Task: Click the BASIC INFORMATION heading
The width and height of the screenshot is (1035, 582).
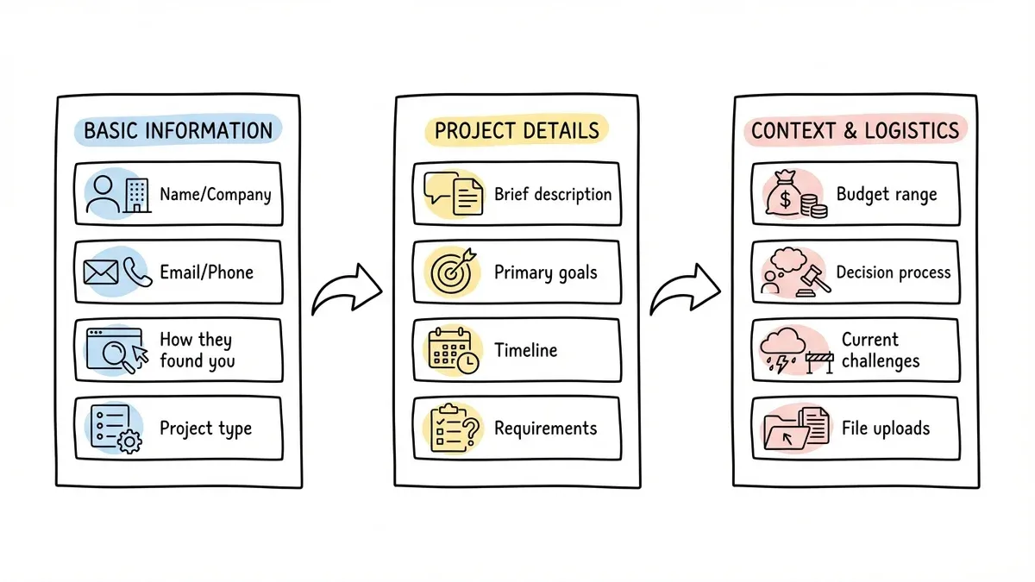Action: click(x=178, y=131)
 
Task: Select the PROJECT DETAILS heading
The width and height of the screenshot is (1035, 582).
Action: click(x=517, y=130)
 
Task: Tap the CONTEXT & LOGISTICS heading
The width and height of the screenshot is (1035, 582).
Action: click(x=854, y=130)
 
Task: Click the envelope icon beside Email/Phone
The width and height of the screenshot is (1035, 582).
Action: click(x=100, y=272)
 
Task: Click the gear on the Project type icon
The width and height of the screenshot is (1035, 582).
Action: click(x=129, y=443)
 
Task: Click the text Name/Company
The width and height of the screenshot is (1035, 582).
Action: click(x=216, y=194)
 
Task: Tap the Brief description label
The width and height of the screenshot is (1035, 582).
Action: click(x=553, y=194)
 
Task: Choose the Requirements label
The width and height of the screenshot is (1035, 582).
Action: click(x=545, y=428)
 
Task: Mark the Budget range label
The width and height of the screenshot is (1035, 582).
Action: click(x=887, y=194)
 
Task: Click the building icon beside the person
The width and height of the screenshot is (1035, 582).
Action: click(x=137, y=195)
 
